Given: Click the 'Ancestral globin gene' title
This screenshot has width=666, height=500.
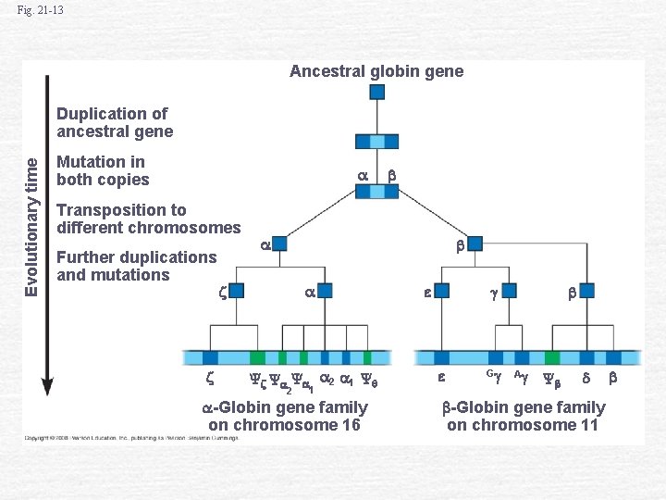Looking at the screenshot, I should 376,71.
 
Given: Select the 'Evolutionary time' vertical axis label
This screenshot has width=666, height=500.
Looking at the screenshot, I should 31,225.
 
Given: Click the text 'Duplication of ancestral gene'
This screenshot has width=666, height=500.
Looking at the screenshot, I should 115,122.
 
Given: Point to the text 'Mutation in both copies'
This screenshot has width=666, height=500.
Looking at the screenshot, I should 103,170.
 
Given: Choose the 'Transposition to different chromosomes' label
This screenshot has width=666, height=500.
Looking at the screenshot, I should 148,219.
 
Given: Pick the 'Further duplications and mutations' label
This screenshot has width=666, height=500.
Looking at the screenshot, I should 136,266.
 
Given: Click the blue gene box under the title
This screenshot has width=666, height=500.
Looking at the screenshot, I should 378,92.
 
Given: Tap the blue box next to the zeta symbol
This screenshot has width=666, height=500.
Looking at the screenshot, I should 236,291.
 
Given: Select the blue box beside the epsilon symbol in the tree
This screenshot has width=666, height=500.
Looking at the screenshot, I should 441,291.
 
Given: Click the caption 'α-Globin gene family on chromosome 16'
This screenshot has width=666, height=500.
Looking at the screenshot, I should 285,417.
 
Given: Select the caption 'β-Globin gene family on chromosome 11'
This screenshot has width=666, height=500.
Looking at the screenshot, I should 523,417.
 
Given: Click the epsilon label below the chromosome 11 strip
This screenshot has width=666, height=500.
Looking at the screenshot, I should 441,378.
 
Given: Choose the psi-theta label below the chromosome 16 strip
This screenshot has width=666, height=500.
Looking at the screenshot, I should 366,379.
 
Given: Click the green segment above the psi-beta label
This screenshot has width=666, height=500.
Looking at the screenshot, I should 552,357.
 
